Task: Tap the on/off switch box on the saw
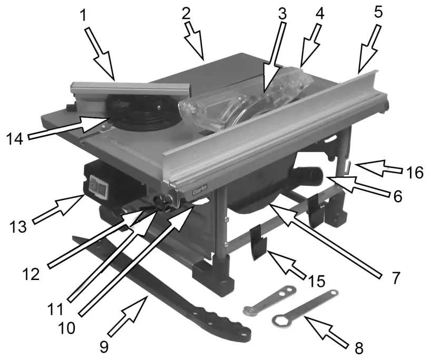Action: point(99,185)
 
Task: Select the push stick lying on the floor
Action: point(158,284)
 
